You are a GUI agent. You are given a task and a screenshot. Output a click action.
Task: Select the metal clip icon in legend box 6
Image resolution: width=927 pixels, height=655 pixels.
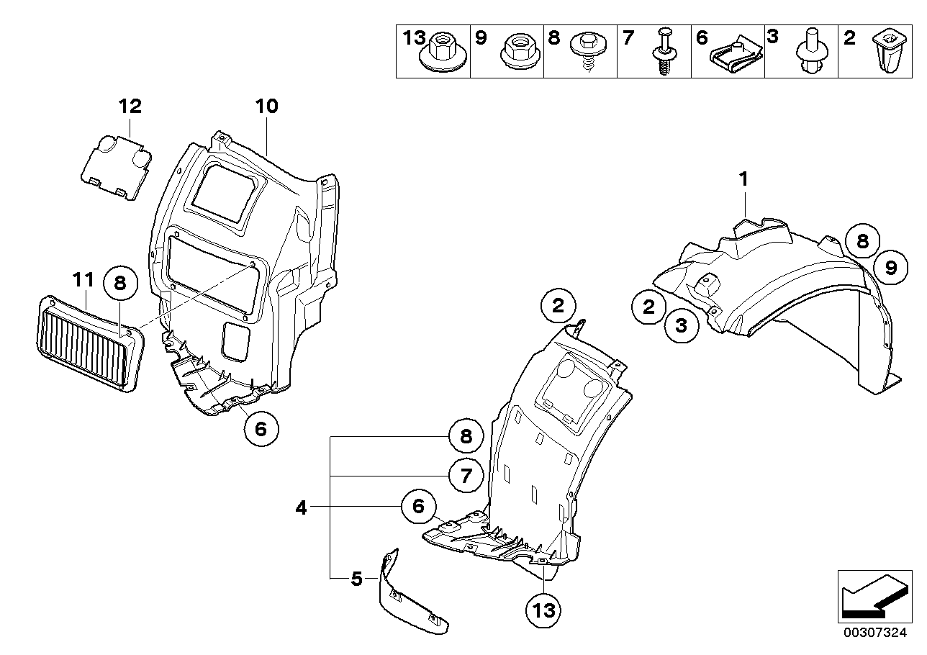734,56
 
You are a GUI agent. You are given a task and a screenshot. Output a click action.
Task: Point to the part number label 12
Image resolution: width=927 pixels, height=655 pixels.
130,107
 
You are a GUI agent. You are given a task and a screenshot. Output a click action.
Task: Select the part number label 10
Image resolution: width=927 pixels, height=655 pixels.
266,107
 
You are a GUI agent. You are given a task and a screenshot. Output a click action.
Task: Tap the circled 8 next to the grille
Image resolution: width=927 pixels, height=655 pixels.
120,284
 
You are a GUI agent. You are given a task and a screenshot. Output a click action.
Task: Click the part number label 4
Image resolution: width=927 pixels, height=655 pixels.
301,508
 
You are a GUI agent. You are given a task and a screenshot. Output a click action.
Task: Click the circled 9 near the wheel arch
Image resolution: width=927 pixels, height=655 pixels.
890,268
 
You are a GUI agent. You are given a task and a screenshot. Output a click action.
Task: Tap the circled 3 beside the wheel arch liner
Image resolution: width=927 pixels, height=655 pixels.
681,325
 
